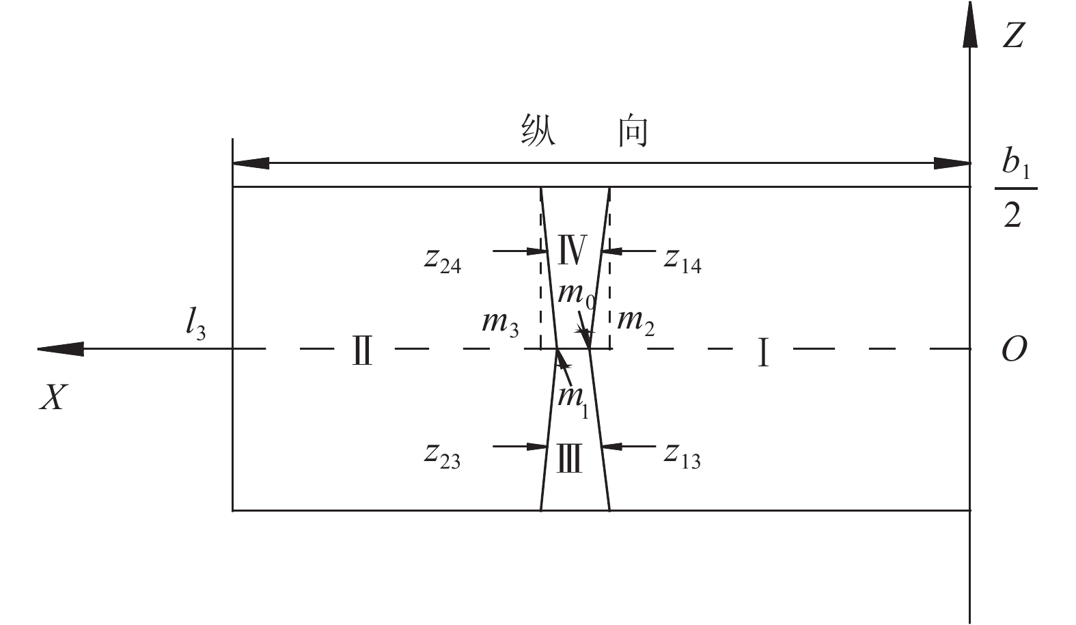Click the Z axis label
click(1012, 34)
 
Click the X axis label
click(53, 396)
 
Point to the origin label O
click(1013, 350)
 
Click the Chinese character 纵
click(538, 130)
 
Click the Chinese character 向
click(633, 130)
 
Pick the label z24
click(442, 260)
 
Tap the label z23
click(442, 456)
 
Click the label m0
click(575, 295)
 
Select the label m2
click(635, 321)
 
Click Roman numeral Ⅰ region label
click(763, 352)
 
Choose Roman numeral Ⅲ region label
click(569, 458)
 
